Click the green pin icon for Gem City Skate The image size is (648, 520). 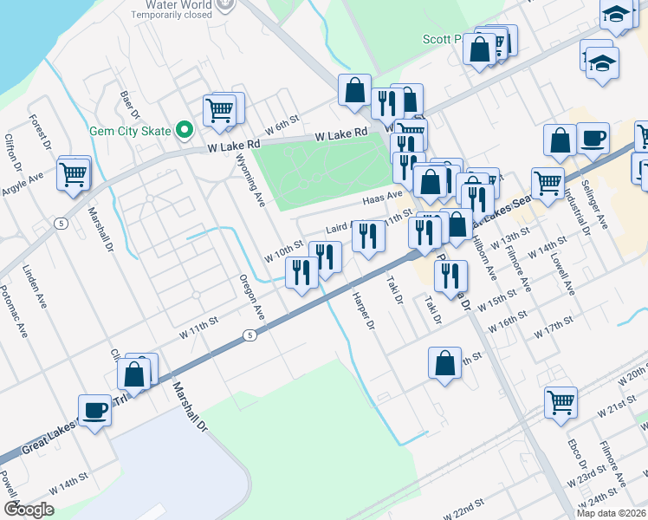[184, 132]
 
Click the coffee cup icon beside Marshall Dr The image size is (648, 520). [94, 410]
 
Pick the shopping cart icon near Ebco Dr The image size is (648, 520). [561, 402]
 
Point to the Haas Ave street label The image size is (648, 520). [383, 199]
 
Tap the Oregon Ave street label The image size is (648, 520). [252, 296]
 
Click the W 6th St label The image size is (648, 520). [282, 124]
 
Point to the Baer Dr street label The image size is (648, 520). [130, 104]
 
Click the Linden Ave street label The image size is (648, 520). [35, 288]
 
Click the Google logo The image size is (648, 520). [29, 510]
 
